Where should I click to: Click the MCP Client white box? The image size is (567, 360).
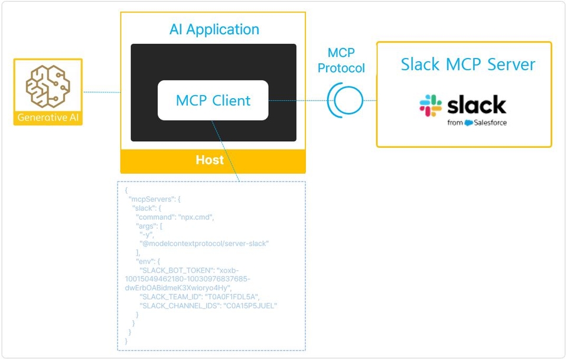pos(213,100)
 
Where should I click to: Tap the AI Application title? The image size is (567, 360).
pos(214,30)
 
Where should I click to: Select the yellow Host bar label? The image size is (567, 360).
pos(210,160)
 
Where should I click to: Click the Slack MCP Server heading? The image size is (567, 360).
pos(468,64)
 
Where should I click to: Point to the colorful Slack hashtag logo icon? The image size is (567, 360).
pos(431,105)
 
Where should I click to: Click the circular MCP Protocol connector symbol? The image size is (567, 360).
pos(345,100)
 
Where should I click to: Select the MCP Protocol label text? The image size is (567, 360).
pos(341,60)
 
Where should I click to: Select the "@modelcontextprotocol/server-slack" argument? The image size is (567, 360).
pos(204,244)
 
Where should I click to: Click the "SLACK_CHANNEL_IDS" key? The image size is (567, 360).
pos(180,306)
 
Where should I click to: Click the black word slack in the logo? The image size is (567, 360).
pos(476,105)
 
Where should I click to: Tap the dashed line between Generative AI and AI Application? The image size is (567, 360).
pos(102,92)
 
